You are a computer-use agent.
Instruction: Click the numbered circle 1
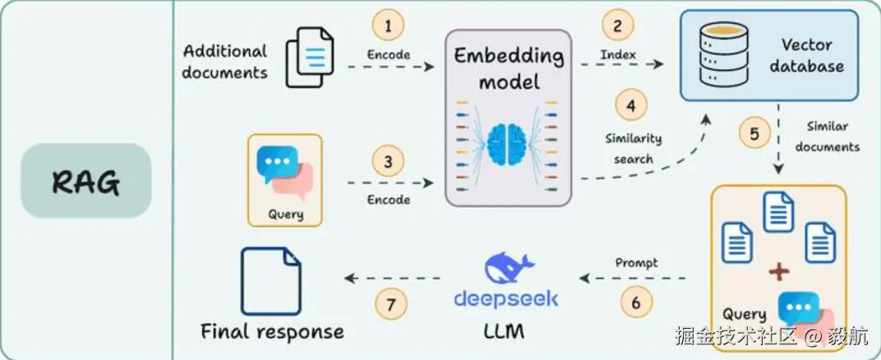point(388,26)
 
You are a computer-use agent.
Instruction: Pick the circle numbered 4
point(630,106)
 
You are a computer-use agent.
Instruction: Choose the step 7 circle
point(391,303)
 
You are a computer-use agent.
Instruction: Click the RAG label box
point(86,181)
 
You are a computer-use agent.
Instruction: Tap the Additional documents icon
point(309,56)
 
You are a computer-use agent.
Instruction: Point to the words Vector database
point(806,55)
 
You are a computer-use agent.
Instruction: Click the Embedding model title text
point(509,69)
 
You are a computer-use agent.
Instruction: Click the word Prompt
point(636,263)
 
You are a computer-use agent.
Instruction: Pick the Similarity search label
point(633,148)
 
